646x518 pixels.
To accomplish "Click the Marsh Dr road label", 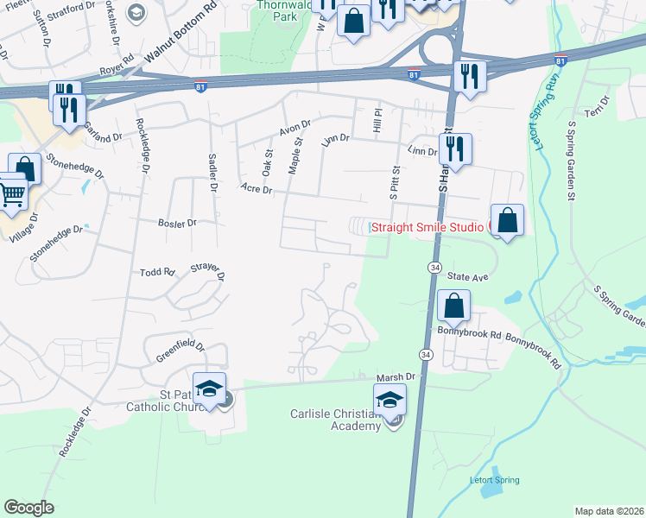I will (396, 377).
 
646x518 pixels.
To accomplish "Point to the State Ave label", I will (468, 277).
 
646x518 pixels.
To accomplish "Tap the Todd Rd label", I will (157, 272).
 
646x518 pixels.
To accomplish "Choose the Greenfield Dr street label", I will (180, 351).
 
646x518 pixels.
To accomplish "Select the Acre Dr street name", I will (256, 188).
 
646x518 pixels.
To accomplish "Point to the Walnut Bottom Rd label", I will (180, 40).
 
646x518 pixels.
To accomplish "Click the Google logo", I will (28, 508).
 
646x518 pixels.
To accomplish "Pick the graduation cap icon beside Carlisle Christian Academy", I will (390, 401).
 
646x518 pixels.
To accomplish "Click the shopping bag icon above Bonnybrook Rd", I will (453, 306).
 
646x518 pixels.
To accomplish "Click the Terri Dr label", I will (598, 107).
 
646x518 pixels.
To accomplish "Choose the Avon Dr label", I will (294, 128).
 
